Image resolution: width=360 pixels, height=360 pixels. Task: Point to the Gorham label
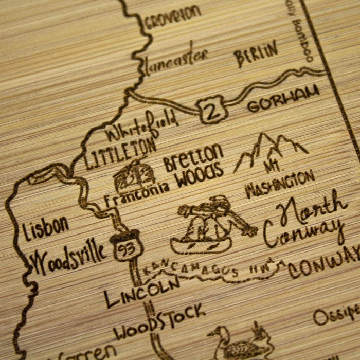point(280,104)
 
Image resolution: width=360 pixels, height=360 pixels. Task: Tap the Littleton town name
point(120,153)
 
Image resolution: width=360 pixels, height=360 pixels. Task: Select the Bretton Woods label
point(194,166)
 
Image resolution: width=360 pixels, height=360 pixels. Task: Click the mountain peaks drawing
point(271,151)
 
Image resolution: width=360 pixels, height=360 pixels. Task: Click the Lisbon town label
point(46,227)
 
